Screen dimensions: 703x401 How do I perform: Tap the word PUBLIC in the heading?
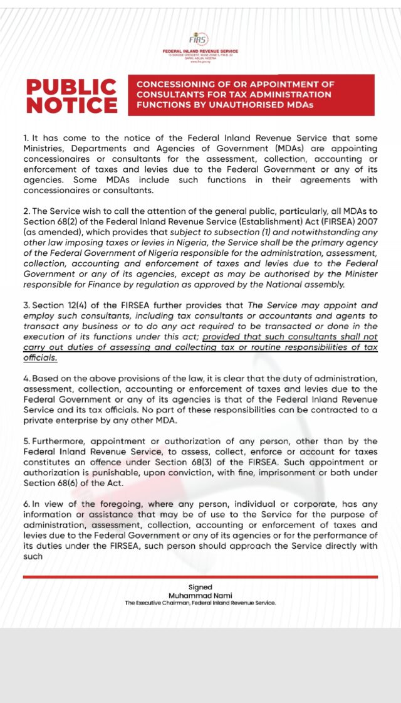[71, 87]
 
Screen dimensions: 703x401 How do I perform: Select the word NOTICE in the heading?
[71, 105]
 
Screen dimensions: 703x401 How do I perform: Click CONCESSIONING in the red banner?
[175, 84]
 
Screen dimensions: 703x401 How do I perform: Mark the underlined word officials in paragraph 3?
[40, 357]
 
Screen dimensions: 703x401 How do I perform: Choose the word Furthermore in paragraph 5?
[59, 441]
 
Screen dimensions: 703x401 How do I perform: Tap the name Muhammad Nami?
[200, 595]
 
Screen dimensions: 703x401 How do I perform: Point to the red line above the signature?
[200, 576]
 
